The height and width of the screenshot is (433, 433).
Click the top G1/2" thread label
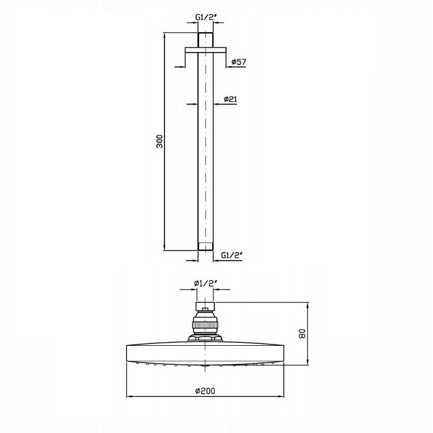point(206,17)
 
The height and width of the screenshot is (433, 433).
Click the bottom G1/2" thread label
point(232,255)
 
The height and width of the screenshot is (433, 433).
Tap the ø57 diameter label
point(239,62)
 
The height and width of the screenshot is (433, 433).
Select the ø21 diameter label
point(230,99)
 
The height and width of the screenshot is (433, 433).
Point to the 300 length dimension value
point(160,142)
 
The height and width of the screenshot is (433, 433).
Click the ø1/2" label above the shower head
point(206,283)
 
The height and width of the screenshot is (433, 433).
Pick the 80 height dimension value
point(302,333)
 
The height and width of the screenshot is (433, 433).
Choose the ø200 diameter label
point(205,391)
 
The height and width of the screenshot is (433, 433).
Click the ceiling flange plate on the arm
point(206,50)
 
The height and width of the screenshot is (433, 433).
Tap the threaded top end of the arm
point(206,40)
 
